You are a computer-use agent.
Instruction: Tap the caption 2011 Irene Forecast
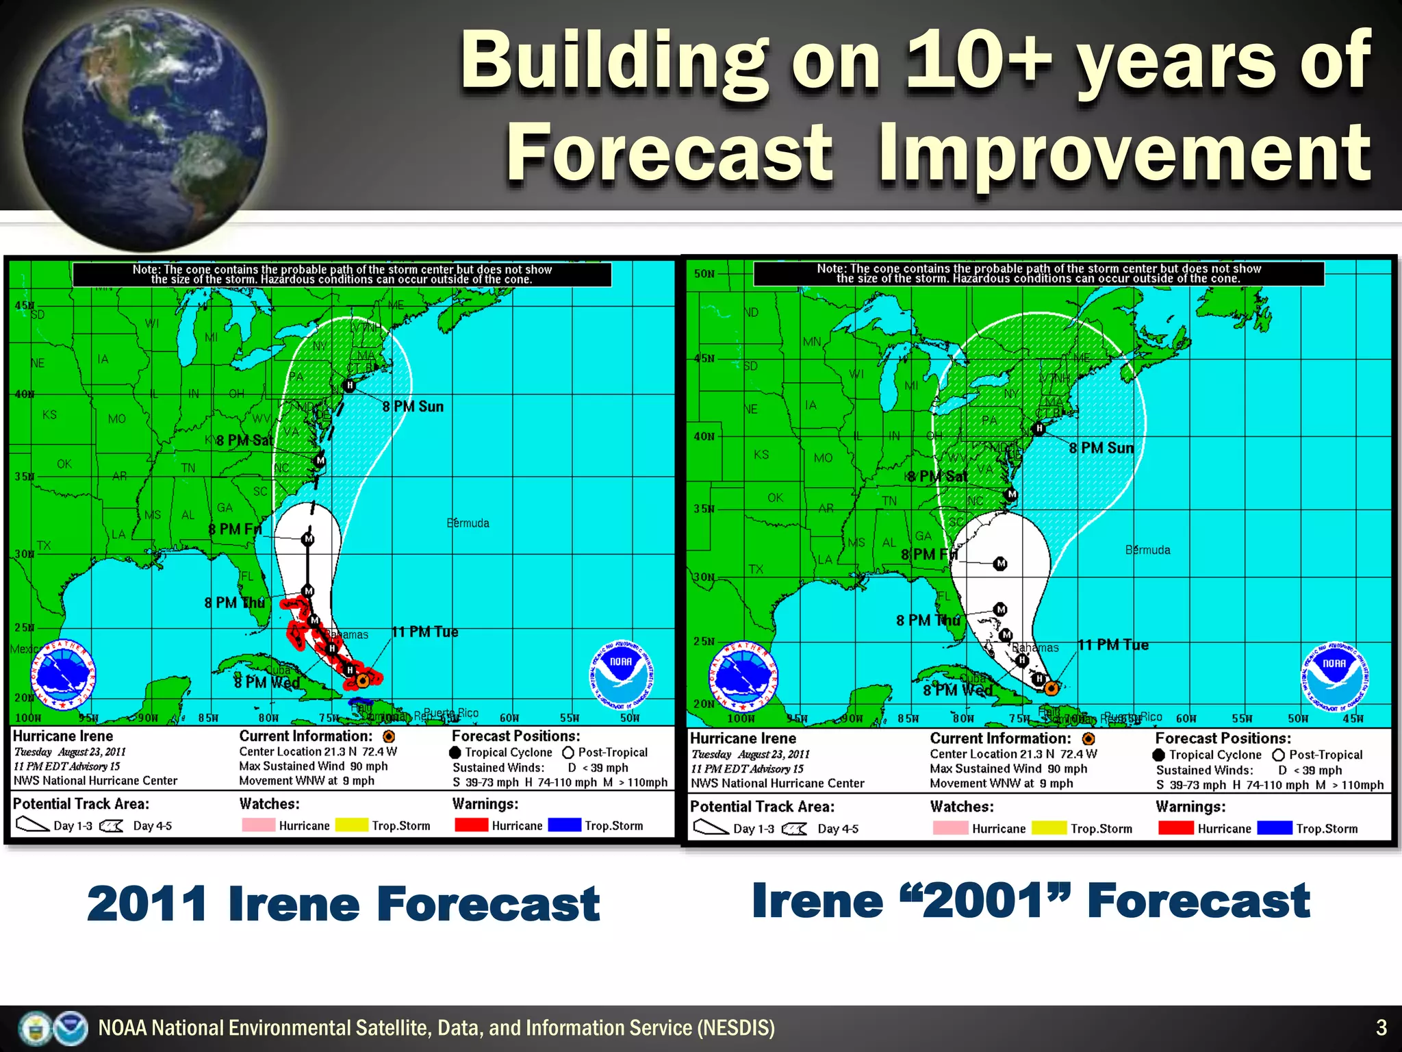(343, 904)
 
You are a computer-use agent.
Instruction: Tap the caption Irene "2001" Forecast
(1030, 901)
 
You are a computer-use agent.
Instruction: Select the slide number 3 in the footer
(1381, 1027)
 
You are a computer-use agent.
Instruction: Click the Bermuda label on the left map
(468, 523)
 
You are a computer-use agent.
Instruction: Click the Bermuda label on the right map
(1147, 550)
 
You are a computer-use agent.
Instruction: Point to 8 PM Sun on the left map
(413, 407)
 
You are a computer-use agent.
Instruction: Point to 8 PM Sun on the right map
(1101, 449)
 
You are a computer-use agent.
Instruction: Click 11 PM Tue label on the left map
(424, 631)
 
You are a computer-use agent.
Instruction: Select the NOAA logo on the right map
(1334, 677)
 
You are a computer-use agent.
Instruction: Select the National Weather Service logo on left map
(64, 675)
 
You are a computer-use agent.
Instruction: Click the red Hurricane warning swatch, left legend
(471, 825)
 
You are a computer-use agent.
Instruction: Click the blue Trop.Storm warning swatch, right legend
(1274, 827)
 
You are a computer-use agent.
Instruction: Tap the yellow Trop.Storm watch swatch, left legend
(352, 825)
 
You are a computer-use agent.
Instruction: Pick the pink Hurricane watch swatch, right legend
(949, 827)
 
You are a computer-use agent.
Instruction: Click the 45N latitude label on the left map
(24, 305)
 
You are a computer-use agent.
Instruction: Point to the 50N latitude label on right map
(704, 274)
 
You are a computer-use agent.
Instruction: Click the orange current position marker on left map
(363, 681)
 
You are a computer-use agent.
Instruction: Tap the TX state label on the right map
(756, 569)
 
